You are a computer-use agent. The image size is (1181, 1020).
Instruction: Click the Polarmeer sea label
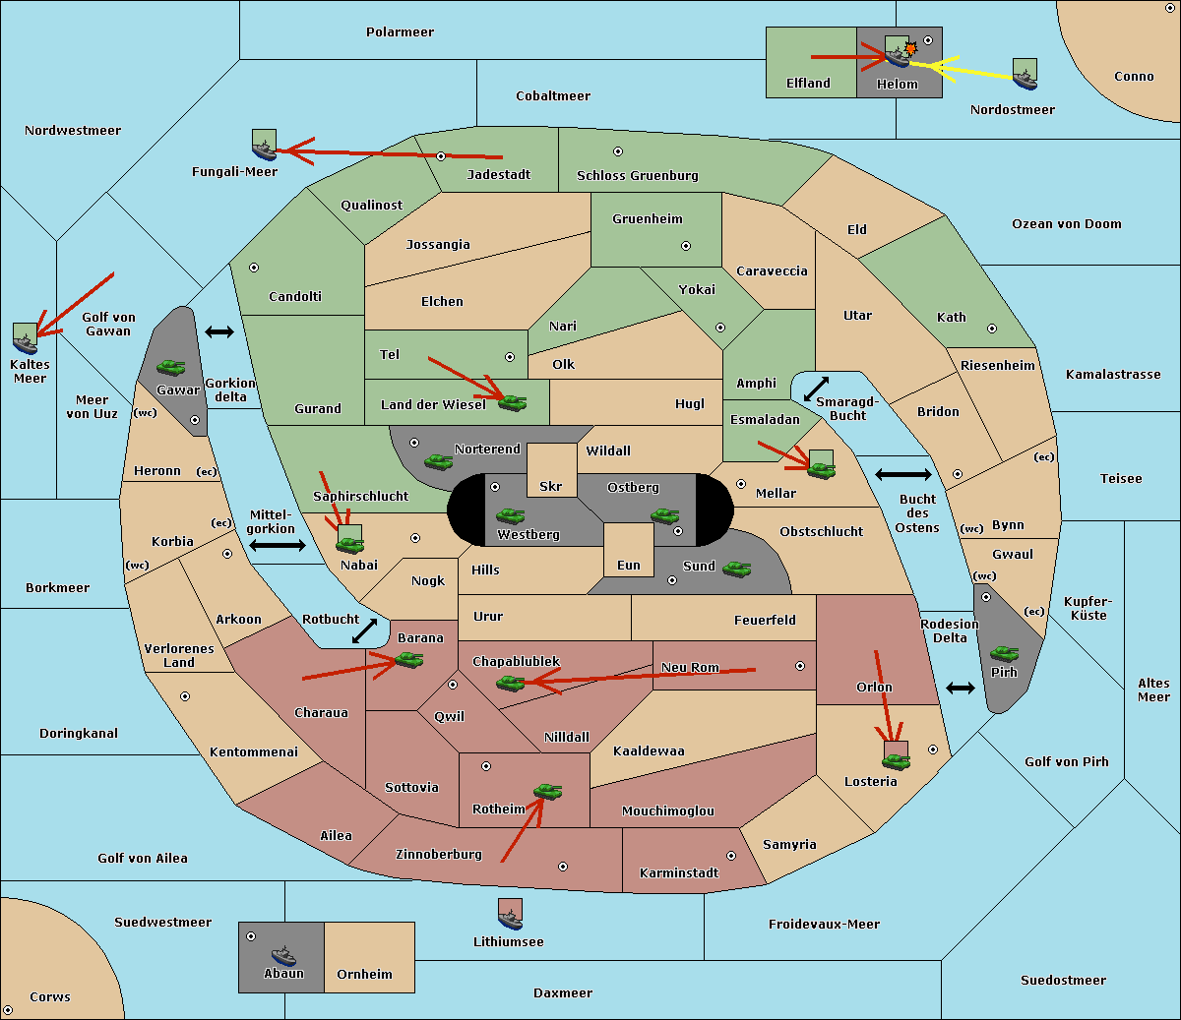[x=400, y=32]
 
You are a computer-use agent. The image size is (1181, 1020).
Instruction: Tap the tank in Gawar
[x=171, y=368]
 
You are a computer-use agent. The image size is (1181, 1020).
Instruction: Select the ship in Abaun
[x=283, y=955]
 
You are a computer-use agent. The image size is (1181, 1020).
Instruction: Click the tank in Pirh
[x=1004, y=653]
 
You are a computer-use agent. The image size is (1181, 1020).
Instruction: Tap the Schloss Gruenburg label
[x=637, y=176]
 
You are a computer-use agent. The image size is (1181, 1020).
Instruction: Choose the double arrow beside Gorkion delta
[x=219, y=332]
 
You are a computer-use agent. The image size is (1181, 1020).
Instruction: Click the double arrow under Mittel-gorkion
[x=278, y=545]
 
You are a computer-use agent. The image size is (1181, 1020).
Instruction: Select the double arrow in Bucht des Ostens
[x=902, y=475]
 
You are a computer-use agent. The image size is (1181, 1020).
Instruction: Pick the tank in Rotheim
[x=547, y=791]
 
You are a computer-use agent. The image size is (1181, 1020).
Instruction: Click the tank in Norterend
[x=438, y=460]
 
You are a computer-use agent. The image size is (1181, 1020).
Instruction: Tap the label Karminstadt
[x=679, y=873]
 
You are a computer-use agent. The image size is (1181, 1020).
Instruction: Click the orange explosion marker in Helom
[x=910, y=47]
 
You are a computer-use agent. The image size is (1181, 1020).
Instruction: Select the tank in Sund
[x=736, y=569]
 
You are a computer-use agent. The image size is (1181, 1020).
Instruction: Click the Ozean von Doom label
[x=1066, y=224]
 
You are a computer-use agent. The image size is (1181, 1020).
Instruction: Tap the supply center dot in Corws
[x=9, y=1010]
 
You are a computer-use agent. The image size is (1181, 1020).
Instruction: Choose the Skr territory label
[x=551, y=487]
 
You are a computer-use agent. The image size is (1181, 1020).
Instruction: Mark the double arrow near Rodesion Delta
[x=961, y=688]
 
